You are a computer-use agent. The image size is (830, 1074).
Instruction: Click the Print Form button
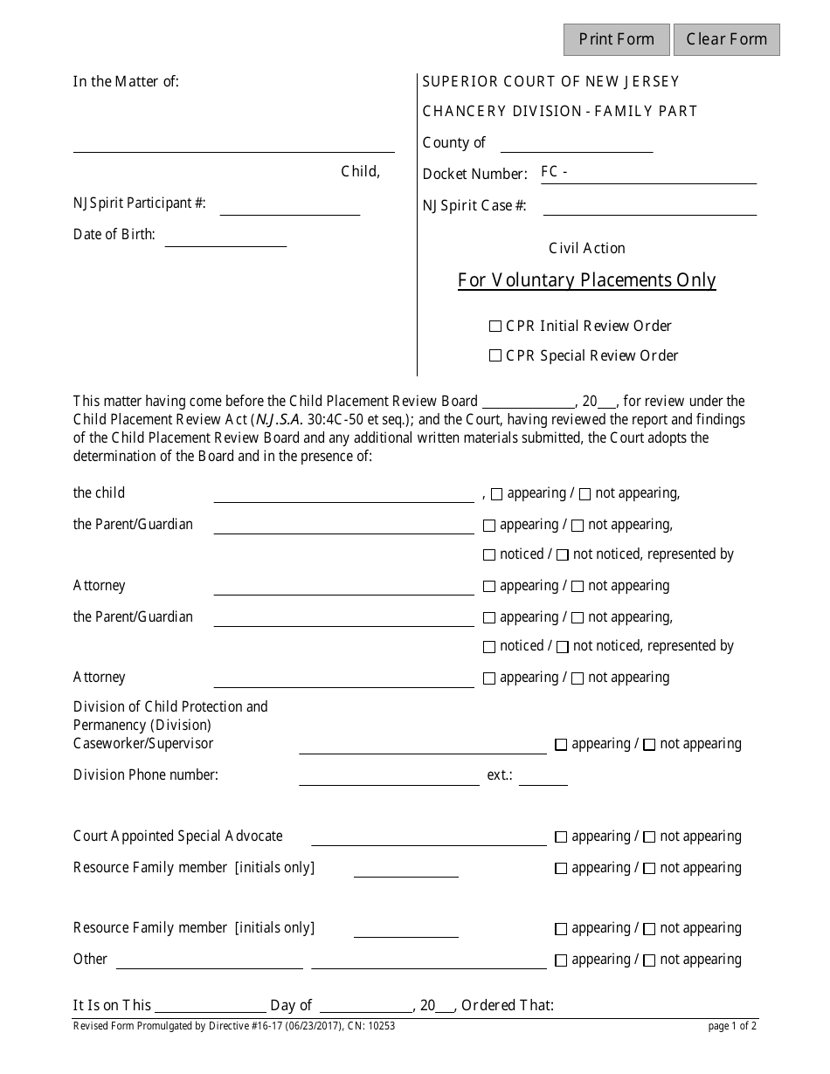[x=616, y=39]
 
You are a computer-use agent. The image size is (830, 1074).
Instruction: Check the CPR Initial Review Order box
[x=495, y=327]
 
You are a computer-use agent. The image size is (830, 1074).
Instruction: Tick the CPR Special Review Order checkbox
[x=495, y=356]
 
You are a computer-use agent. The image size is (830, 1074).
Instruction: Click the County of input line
[x=577, y=144]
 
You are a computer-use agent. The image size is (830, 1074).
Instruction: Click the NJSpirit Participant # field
[x=289, y=206]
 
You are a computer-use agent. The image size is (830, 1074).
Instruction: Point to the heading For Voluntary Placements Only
[x=587, y=280]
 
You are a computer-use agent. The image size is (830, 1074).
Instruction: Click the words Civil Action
[x=587, y=248]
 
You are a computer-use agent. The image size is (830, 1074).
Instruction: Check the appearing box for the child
[x=496, y=494]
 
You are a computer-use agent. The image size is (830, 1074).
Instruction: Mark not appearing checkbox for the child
[x=584, y=494]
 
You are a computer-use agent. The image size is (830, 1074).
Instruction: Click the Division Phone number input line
[x=389, y=776]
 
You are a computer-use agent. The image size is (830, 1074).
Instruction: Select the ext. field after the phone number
[x=543, y=776]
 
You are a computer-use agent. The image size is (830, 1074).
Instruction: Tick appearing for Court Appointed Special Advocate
[x=561, y=837]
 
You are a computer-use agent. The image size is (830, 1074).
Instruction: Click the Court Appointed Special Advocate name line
[x=428, y=837]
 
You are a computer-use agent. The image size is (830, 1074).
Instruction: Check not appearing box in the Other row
[x=649, y=960]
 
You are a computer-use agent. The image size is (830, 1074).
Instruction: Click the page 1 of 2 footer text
[x=732, y=1027]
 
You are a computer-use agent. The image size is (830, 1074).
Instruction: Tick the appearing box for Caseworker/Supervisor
[x=561, y=745]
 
